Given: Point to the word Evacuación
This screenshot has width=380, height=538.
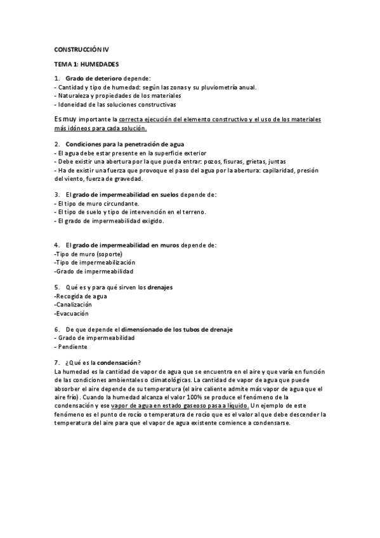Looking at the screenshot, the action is [x=72, y=313].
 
